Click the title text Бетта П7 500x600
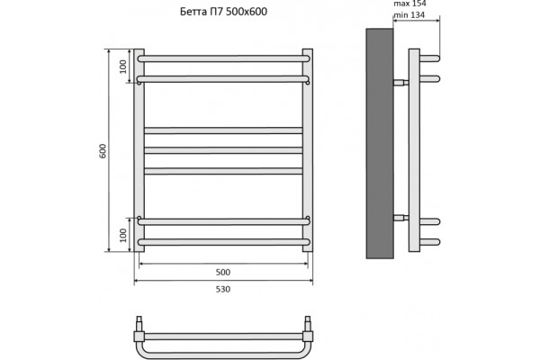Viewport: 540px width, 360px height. (x=223, y=12)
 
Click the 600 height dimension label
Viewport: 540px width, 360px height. (x=103, y=151)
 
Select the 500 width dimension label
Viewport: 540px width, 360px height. (x=223, y=272)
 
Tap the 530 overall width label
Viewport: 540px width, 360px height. (x=223, y=289)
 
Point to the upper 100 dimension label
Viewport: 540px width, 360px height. (x=123, y=67)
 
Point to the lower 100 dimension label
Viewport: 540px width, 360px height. (x=123, y=235)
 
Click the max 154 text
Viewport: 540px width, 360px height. (x=409, y=4)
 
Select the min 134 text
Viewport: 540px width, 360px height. (x=409, y=15)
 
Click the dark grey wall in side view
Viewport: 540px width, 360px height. (x=380, y=143)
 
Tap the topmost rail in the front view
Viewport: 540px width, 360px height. (x=223, y=58)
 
